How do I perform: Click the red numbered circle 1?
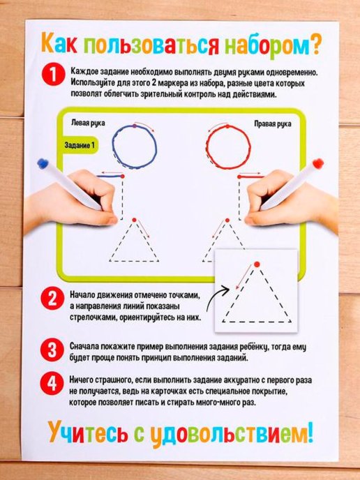coord(53,74)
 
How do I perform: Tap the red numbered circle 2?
coord(52,298)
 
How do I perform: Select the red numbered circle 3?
coord(52,350)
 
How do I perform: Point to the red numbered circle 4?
coord(52,383)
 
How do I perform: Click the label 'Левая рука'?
coord(88,123)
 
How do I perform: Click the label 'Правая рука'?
coord(273,124)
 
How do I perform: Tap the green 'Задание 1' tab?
coord(80,145)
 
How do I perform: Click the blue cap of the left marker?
coord(43,163)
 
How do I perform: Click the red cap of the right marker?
coord(318,163)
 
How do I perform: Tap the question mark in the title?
coord(316,45)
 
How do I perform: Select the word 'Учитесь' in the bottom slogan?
coord(88,433)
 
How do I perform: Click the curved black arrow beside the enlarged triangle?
coord(218,299)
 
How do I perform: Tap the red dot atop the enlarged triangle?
coord(257,264)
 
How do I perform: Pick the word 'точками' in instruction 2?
coord(181,295)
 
